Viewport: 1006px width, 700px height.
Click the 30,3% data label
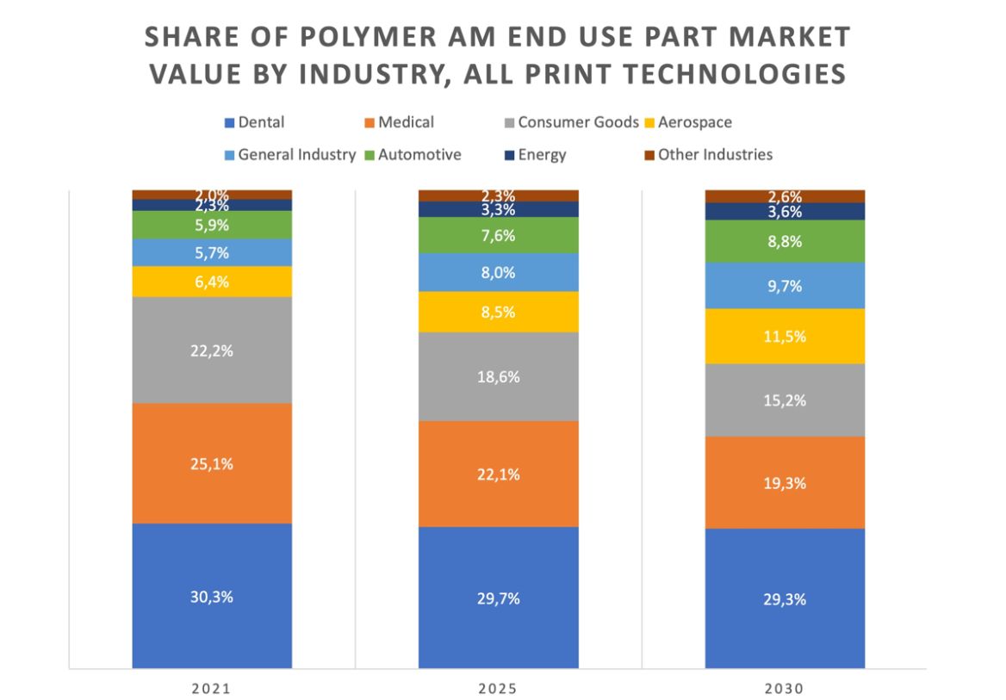212,597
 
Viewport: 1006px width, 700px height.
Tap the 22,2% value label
212,350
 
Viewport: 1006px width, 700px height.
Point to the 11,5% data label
785,336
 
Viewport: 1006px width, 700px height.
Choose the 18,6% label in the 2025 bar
499,377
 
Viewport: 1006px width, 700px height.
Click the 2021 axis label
212,689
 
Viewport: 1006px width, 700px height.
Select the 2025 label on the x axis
499,689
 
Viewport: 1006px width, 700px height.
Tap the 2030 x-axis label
785,689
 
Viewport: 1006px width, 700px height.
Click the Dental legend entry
260,122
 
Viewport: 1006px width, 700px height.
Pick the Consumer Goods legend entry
578,122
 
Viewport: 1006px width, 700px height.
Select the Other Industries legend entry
715,155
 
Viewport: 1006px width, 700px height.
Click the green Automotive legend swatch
369,155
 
